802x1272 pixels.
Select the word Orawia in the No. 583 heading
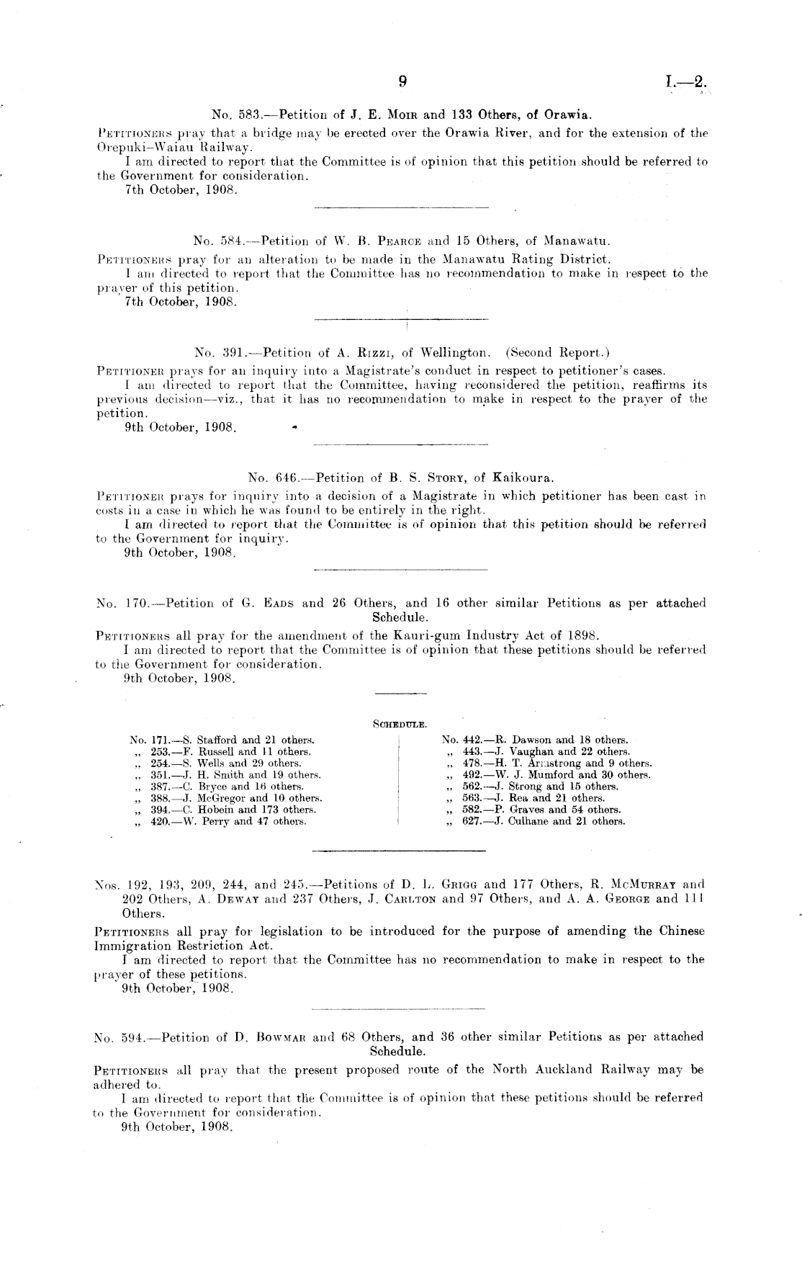click(x=568, y=115)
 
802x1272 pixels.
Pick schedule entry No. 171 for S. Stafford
click(x=222, y=740)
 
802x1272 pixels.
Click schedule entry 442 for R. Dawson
click(x=535, y=740)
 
